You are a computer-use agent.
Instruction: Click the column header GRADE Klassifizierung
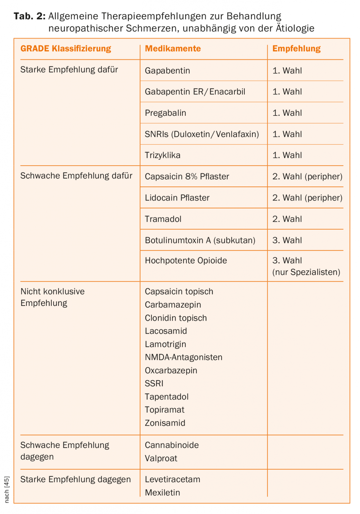point(66,49)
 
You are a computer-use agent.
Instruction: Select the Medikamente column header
point(173,49)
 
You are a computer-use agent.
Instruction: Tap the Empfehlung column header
point(297,49)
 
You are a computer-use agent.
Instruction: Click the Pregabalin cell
point(166,113)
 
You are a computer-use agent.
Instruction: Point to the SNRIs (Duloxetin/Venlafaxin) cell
point(202,134)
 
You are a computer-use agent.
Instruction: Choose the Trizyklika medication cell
point(163,155)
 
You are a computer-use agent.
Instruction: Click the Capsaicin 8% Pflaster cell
point(187,176)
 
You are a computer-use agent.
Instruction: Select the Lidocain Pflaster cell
point(177,198)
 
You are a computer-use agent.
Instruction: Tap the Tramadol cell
point(163,219)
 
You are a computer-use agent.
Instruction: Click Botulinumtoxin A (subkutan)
point(200,240)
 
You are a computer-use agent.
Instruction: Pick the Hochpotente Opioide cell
point(186,260)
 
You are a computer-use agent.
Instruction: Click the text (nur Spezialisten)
point(306,272)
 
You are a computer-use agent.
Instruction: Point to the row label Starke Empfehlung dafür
point(69,70)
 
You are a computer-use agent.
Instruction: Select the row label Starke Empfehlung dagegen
point(76,479)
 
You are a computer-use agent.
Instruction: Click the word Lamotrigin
point(166,344)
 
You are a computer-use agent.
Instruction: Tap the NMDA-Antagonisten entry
point(184,357)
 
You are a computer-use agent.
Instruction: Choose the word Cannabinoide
point(172,445)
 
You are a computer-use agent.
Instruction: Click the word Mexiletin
point(163,492)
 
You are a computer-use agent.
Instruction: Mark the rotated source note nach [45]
point(7,489)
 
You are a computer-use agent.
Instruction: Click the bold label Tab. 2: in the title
point(29,16)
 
